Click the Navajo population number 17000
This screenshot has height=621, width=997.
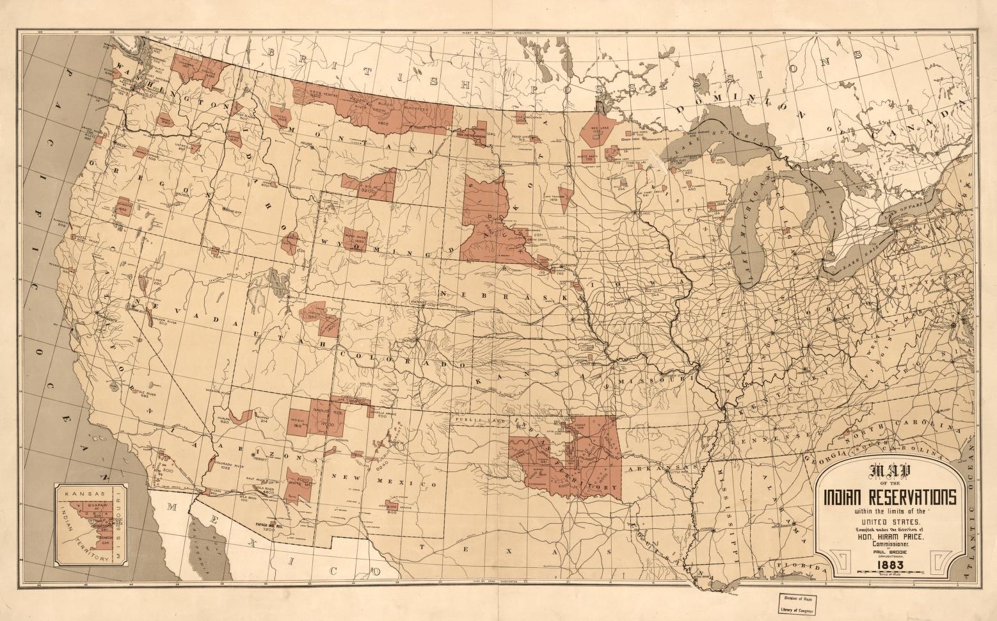(x=328, y=424)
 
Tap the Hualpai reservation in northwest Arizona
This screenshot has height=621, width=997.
(x=241, y=417)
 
